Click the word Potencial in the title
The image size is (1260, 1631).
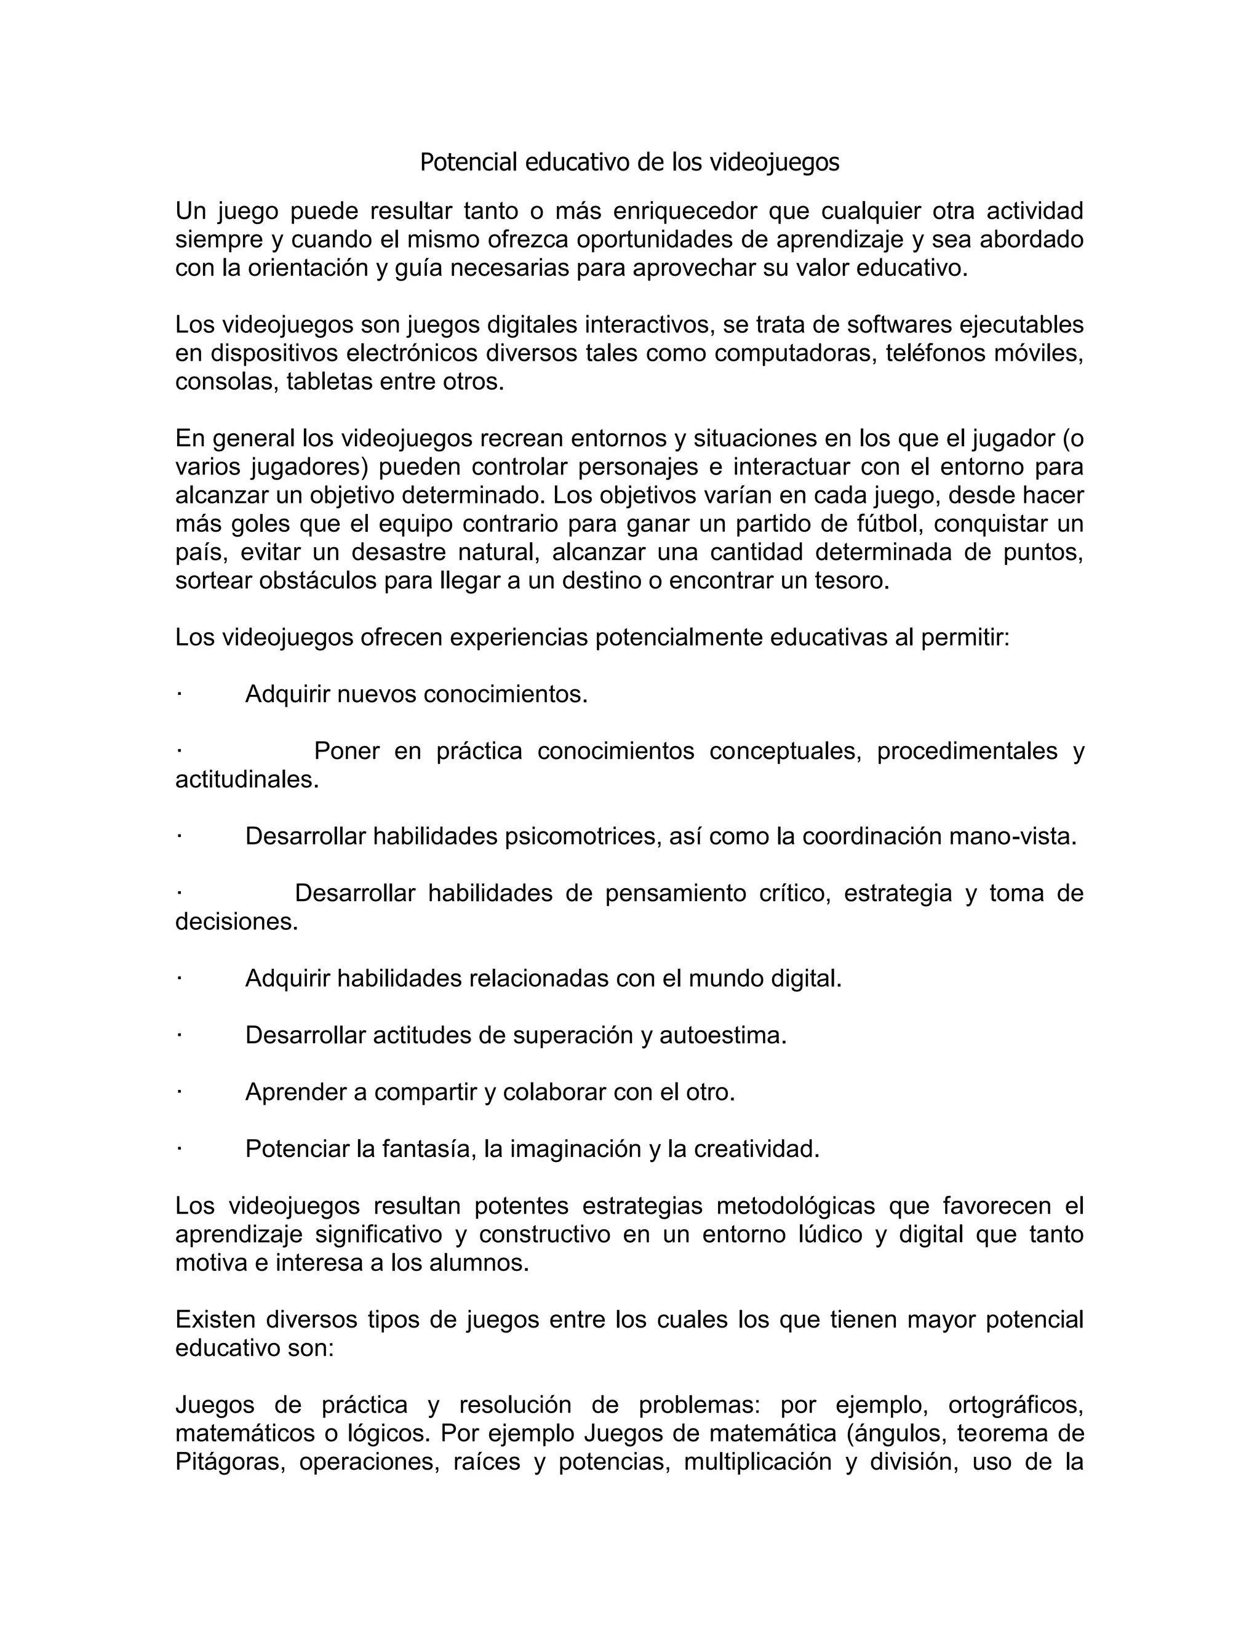click(468, 162)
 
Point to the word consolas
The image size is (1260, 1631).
click(227, 382)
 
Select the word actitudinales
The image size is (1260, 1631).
click(246, 780)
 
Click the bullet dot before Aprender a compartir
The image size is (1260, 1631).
click(180, 1092)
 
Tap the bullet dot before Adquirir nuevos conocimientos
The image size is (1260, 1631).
click(180, 694)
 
